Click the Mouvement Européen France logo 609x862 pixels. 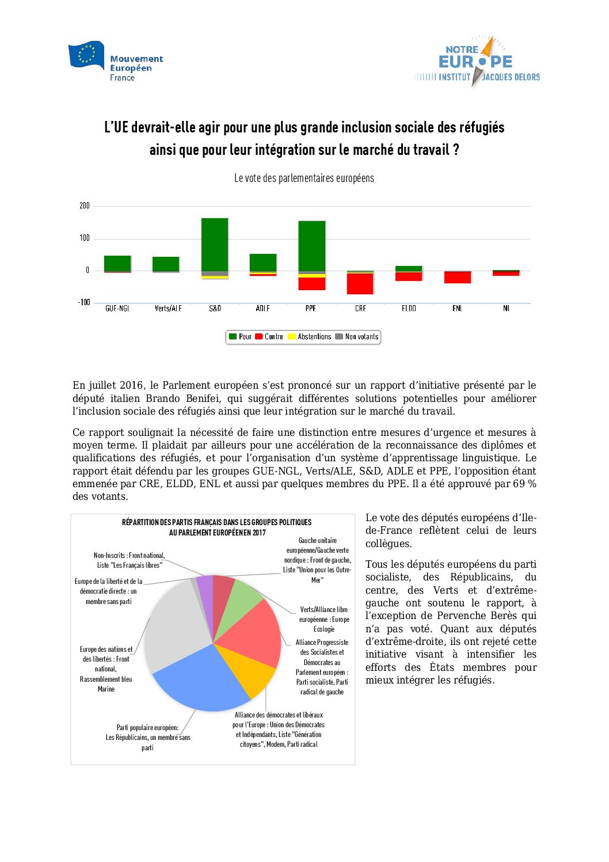pyautogui.click(x=115, y=62)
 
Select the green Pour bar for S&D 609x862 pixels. pyautogui.click(x=215, y=244)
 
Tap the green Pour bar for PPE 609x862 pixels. pyautogui.click(x=311, y=246)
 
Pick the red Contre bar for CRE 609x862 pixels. pyautogui.click(x=360, y=283)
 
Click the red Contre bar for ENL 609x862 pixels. pyautogui.click(x=458, y=277)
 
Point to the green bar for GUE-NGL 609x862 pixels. pyautogui.click(x=117, y=263)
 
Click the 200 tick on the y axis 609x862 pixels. pyautogui.click(x=85, y=206)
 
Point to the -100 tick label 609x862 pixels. pyautogui.click(x=84, y=302)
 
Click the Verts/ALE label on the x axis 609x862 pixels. pyautogui.click(x=168, y=309)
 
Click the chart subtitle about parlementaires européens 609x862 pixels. pyautogui.click(x=304, y=179)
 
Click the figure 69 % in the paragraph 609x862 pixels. pyautogui.click(x=524, y=484)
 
